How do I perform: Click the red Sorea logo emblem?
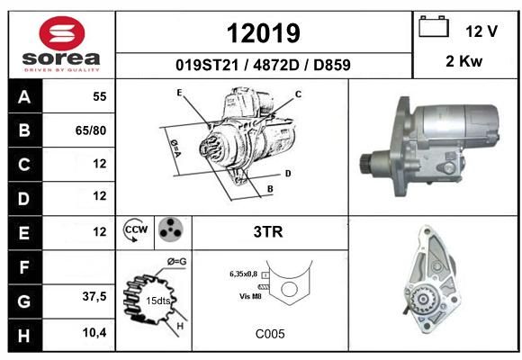62,33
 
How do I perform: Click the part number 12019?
264,33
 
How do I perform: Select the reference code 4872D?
276,65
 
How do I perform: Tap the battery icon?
434,26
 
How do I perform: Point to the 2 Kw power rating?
463,61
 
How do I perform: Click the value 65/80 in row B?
91,130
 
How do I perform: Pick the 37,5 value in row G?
94,296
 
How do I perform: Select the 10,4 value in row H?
94,332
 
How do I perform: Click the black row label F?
25,267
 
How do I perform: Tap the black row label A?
25,96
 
